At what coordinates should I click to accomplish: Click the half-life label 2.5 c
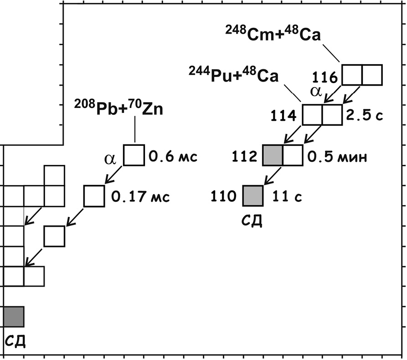pyautogui.click(x=365, y=115)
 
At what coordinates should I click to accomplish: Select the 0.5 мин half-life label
pyautogui.click(x=337, y=156)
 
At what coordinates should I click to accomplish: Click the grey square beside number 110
pyautogui.click(x=253, y=196)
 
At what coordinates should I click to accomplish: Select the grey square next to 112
pyautogui.click(x=273, y=156)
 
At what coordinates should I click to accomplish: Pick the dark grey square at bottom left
pyautogui.click(x=14, y=317)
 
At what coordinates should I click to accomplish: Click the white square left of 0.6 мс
pyautogui.click(x=134, y=156)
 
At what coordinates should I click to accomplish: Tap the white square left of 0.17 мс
pyautogui.click(x=94, y=196)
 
